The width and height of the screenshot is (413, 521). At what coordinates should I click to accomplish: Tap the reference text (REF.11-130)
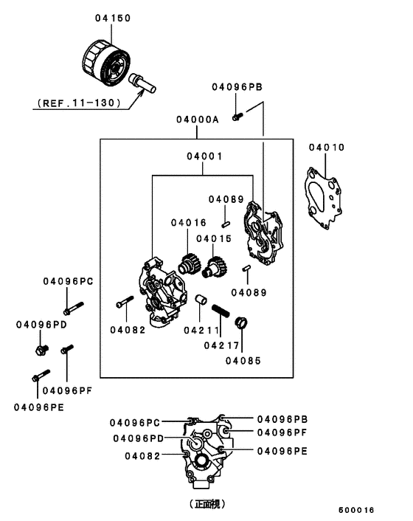75,103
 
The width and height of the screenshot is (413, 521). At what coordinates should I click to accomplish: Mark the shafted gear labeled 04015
215,267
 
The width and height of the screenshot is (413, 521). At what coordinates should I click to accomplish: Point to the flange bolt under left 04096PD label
41,345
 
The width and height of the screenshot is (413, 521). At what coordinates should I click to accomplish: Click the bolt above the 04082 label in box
124,303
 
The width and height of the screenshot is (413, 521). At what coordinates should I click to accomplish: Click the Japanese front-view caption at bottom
206,504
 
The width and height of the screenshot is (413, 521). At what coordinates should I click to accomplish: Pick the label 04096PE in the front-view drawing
280,450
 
